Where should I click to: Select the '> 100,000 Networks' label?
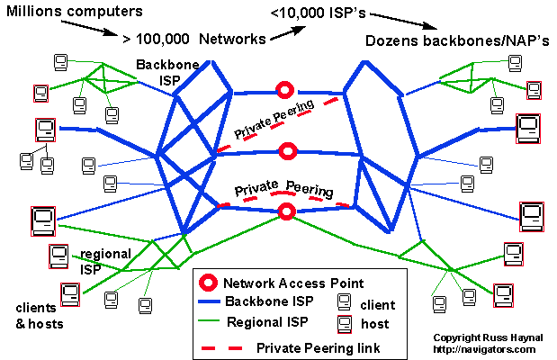coord(193,39)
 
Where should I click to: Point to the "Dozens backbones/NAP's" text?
coord(457,41)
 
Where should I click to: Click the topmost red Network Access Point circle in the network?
coord(285,90)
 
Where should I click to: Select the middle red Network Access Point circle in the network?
coord(286,149)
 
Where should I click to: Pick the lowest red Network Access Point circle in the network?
coord(287,211)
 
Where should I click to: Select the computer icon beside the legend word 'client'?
coord(344,302)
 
